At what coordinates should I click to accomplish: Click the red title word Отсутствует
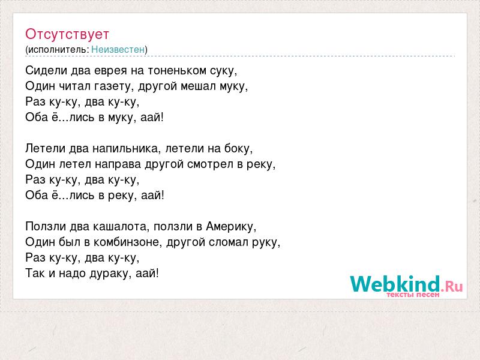coord(67,34)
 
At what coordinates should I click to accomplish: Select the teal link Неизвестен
coord(118,49)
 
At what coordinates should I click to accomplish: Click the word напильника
coord(127,148)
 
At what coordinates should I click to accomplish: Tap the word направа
coord(118,164)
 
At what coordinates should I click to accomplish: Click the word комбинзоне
coord(128,242)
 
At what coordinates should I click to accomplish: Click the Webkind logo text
coord(395,284)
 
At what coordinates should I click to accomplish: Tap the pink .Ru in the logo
coord(452,286)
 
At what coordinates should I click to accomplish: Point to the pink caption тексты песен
coord(413,295)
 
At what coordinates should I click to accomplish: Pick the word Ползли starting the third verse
coord(46,227)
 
